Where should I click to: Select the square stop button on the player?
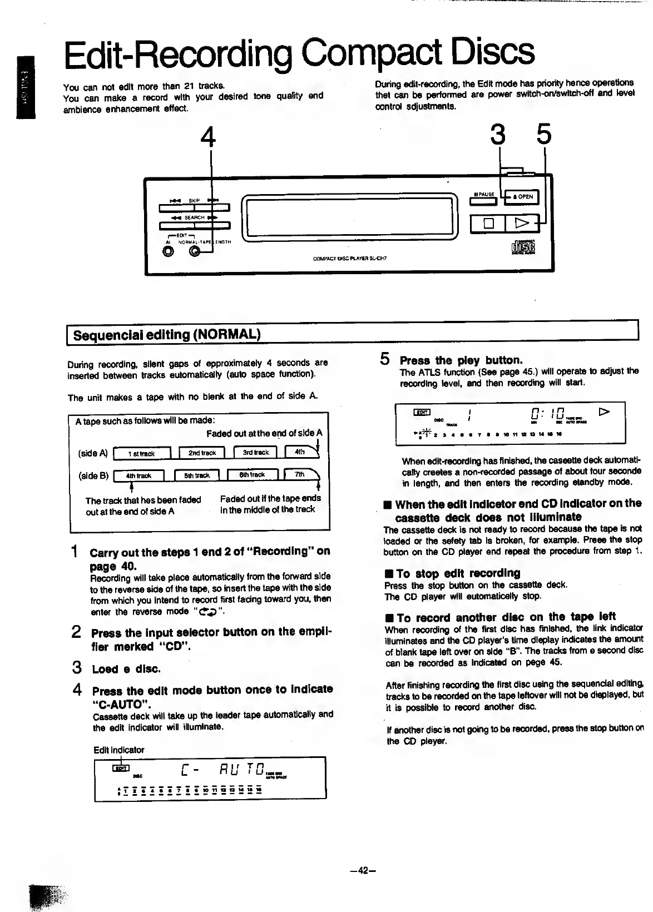click(488, 224)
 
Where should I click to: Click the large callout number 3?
click(499, 135)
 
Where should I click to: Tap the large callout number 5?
click(543, 135)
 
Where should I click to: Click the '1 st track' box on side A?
click(141, 454)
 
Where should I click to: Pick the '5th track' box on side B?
click(197, 475)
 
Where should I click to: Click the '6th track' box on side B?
click(251, 475)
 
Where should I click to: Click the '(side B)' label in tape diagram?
click(93, 475)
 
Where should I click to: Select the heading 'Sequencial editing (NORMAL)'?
click(167, 335)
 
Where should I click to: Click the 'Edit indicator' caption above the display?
click(118, 750)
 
